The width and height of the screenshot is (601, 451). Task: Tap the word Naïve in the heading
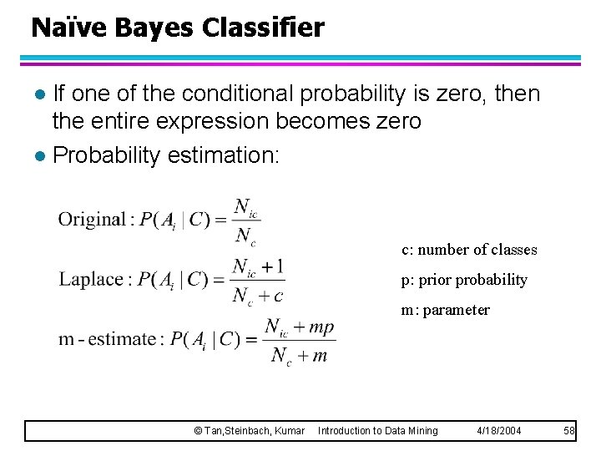coord(69,28)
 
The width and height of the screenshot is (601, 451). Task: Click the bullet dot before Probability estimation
coord(39,156)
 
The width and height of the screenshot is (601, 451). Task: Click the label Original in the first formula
coord(91,220)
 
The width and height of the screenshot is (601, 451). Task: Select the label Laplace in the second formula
coord(90,279)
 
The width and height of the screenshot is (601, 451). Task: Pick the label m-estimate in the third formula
coord(108,339)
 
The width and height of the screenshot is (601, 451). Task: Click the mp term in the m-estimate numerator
coord(321,327)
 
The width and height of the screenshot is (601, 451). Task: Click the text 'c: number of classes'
coord(469,250)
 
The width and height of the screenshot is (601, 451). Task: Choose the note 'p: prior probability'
coord(464,280)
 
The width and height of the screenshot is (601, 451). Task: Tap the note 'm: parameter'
coord(446,310)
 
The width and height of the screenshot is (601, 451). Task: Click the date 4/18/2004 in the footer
coord(499,430)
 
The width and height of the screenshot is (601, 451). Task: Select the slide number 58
coord(569,430)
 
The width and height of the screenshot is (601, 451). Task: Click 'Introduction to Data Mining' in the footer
coord(377,430)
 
